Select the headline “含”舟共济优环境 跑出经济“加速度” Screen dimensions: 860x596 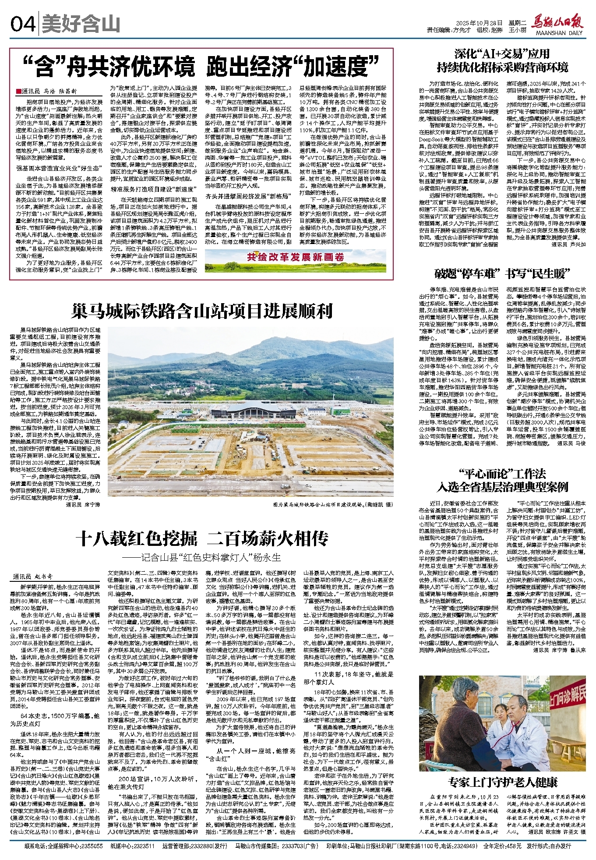[201, 67]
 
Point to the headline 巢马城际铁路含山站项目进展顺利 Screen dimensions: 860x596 [202, 311]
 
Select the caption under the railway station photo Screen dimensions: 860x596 [333, 505]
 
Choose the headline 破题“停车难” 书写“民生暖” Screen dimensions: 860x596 [502, 274]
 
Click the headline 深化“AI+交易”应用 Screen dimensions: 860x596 [502, 54]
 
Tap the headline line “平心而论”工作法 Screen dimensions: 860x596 [502, 474]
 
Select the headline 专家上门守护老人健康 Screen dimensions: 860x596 [502, 782]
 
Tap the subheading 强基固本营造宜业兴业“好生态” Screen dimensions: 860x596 [60, 168]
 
